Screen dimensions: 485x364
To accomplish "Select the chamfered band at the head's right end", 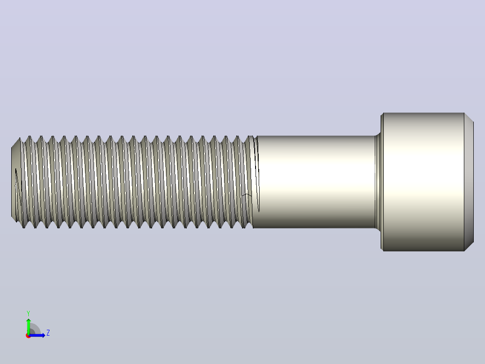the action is (469, 182).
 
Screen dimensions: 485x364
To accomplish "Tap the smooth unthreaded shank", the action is (315, 182).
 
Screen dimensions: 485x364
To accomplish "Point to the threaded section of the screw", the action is (136, 182).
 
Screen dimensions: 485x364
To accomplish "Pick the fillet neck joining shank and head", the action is (377, 182).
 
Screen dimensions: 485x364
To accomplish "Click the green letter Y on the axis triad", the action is (28, 313).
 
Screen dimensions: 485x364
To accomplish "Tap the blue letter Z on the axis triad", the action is (48, 333).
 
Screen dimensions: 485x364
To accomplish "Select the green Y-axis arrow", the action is (28, 327).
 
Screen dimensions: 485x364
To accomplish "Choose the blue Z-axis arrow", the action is (37, 335).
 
